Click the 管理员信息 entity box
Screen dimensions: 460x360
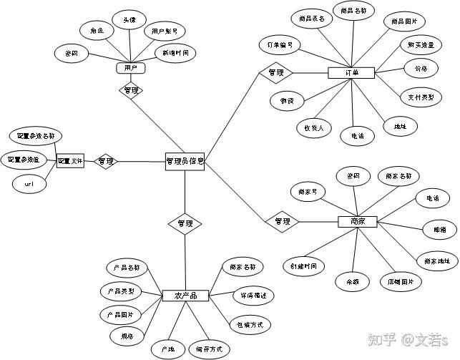coord(185,162)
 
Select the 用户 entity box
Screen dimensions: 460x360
coord(130,68)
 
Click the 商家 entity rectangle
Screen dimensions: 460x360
coord(358,221)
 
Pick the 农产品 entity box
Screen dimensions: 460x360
coord(185,295)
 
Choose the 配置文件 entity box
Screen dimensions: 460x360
coord(70,162)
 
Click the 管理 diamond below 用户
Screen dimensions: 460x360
coord(130,91)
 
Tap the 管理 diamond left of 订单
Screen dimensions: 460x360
coord(275,73)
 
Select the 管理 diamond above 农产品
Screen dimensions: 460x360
coord(185,224)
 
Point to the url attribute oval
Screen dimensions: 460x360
coord(29,184)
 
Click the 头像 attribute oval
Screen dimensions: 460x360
coord(129,21)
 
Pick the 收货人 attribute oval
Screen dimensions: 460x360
coord(313,129)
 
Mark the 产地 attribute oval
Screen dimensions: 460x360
coord(168,349)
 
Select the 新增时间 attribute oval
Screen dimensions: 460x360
coord(175,53)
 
